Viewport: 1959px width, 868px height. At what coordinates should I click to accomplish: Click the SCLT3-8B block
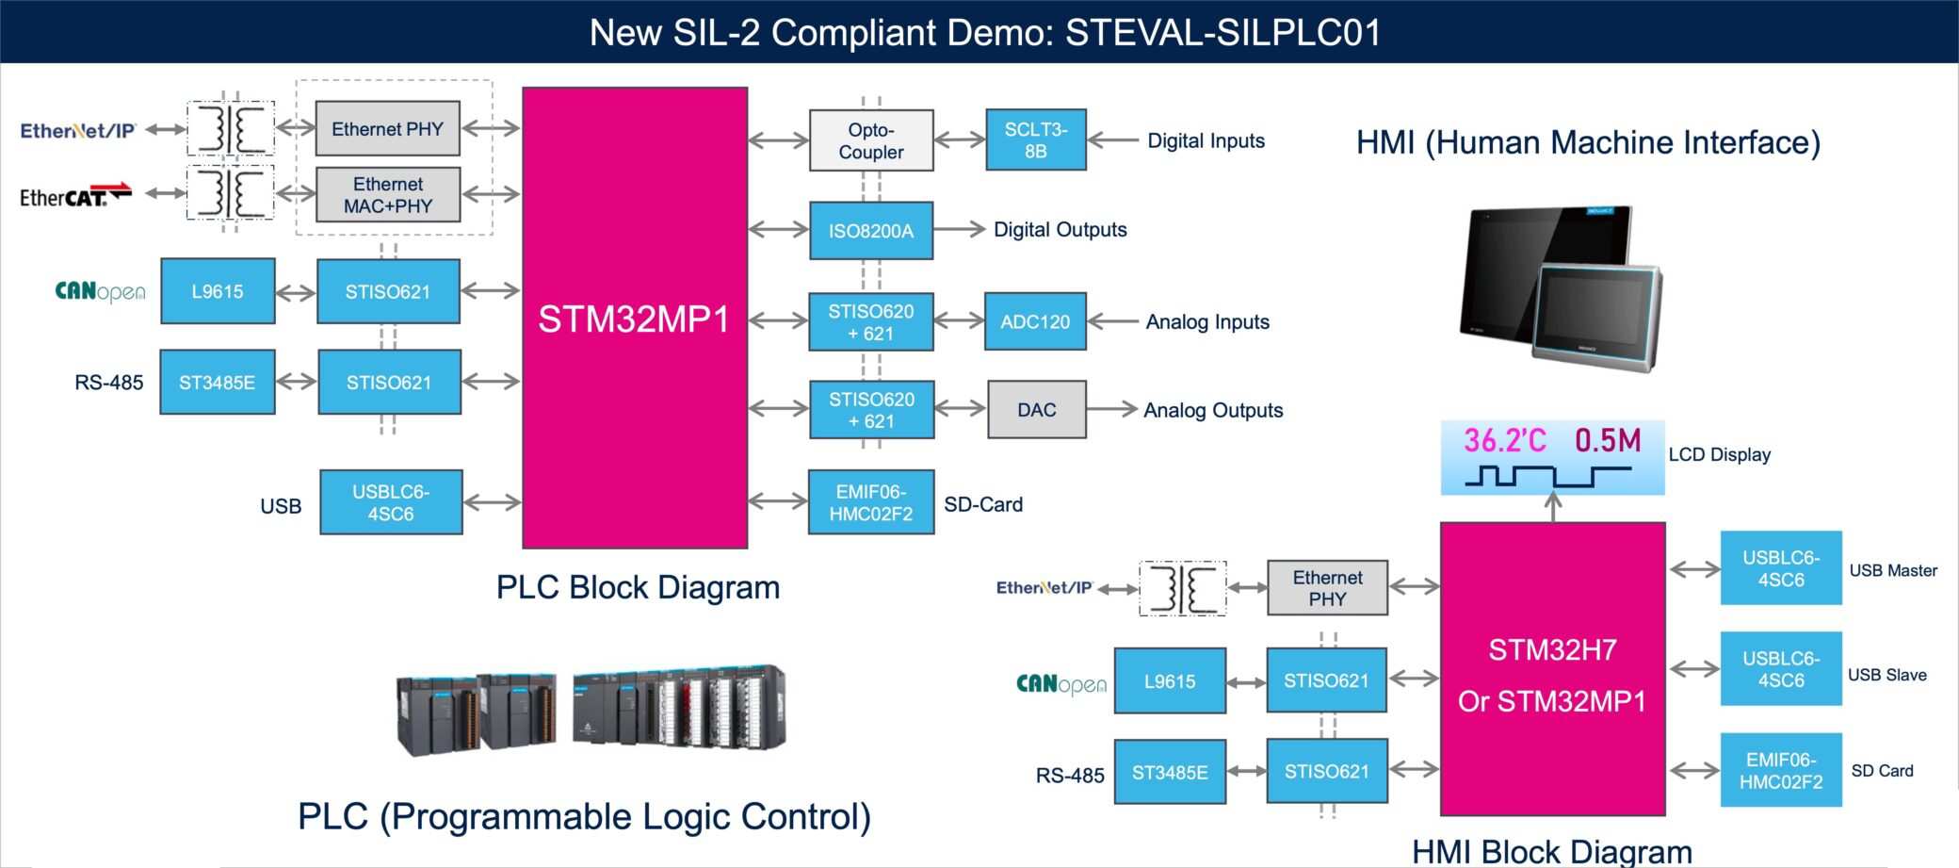(x=1035, y=139)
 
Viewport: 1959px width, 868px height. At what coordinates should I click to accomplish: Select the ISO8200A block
(x=871, y=230)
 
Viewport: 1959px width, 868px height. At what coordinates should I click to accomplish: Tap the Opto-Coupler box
(x=871, y=140)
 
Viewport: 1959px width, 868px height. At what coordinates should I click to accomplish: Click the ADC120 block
(x=1035, y=321)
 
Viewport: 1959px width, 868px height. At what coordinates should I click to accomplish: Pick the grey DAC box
(x=1036, y=410)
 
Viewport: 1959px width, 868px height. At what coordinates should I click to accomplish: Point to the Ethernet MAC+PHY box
(x=388, y=195)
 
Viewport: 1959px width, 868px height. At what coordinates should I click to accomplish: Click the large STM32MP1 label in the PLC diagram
(x=634, y=319)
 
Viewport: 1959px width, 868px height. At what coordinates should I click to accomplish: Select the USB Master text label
(x=1893, y=570)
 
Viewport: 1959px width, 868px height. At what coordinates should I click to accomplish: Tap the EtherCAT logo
(x=74, y=195)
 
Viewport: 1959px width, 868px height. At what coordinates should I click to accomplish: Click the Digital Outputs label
(x=1060, y=230)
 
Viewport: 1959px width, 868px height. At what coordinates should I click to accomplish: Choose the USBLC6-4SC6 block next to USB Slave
(x=1780, y=669)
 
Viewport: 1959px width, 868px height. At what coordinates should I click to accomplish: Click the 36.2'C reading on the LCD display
(x=1504, y=440)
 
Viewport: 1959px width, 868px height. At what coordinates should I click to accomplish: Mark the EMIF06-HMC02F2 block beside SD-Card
(x=871, y=502)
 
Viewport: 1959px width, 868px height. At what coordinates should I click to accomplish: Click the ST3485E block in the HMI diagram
(x=1170, y=772)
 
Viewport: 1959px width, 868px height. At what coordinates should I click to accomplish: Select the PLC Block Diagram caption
(x=638, y=587)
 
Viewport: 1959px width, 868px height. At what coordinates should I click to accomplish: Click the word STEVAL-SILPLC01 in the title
(x=1222, y=33)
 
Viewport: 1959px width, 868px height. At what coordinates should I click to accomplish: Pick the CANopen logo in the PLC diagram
(x=100, y=291)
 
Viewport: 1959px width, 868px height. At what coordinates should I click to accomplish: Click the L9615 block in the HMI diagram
(x=1170, y=680)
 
